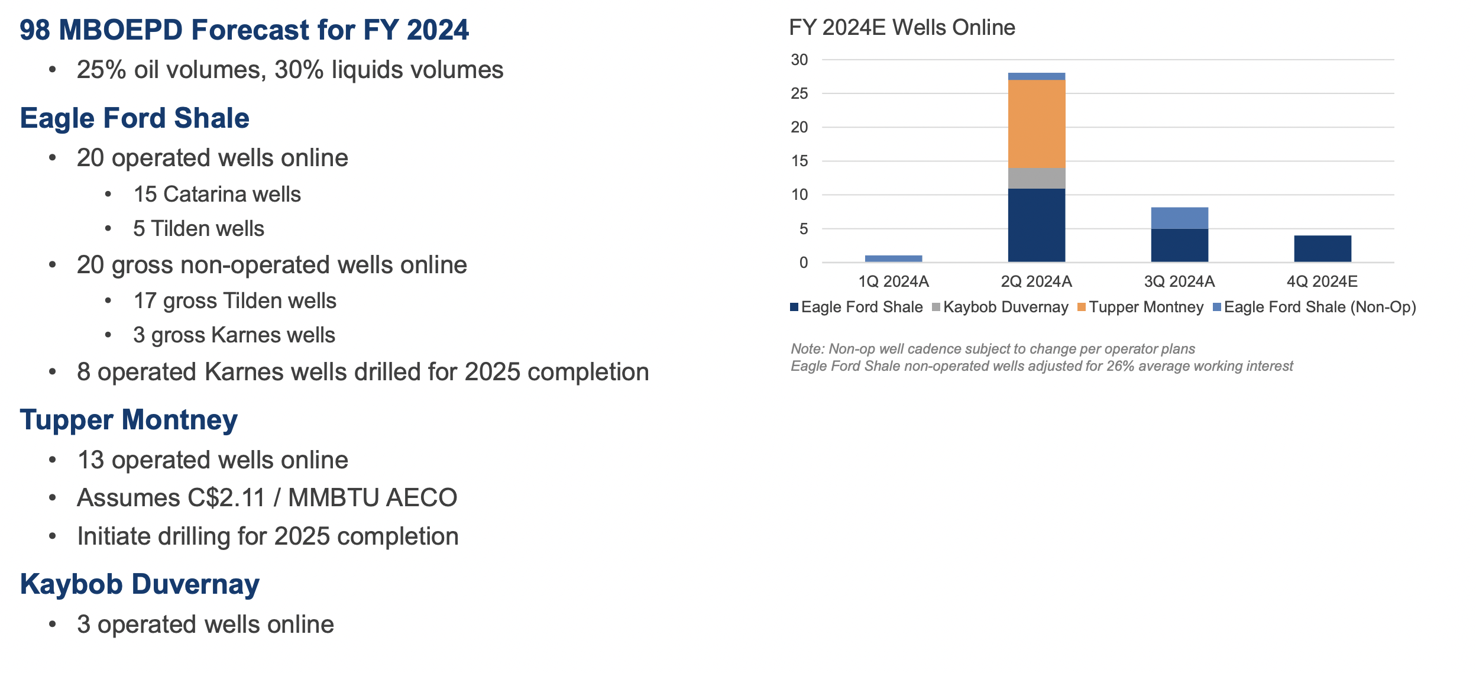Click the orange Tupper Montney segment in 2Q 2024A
click(x=1036, y=124)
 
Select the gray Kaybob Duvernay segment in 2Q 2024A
click(x=1036, y=178)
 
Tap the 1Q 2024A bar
click(x=893, y=258)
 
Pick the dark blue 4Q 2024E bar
click(x=1322, y=248)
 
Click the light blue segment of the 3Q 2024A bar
click(x=1179, y=218)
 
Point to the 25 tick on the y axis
click(x=799, y=93)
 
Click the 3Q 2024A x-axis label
click(x=1179, y=282)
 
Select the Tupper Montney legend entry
click(x=1145, y=308)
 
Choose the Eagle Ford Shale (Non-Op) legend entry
click(x=1319, y=308)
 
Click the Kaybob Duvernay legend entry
click(x=1005, y=308)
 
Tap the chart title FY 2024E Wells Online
click(x=902, y=28)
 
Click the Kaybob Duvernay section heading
click(x=140, y=584)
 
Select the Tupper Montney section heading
click(x=129, y=420)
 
